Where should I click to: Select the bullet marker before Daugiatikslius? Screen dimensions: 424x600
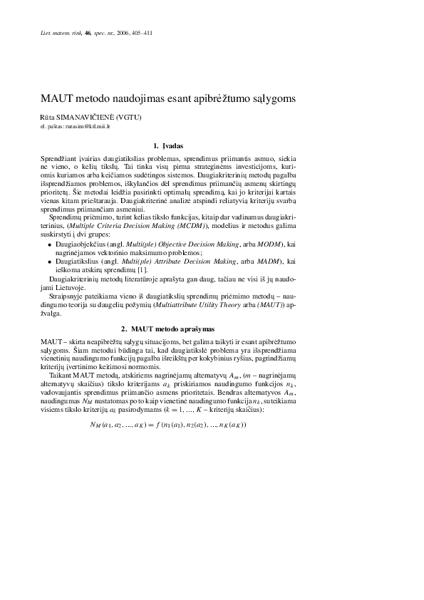pos(49,263)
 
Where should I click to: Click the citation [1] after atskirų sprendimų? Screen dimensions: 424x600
pos(143,271)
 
